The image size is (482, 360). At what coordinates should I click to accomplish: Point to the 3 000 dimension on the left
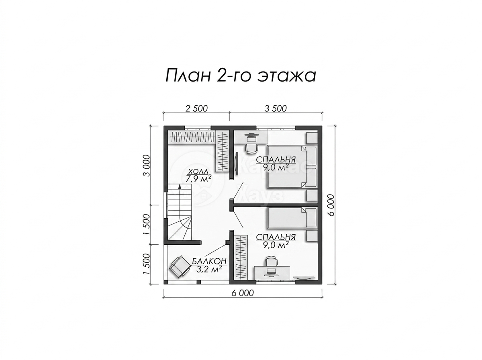147,166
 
